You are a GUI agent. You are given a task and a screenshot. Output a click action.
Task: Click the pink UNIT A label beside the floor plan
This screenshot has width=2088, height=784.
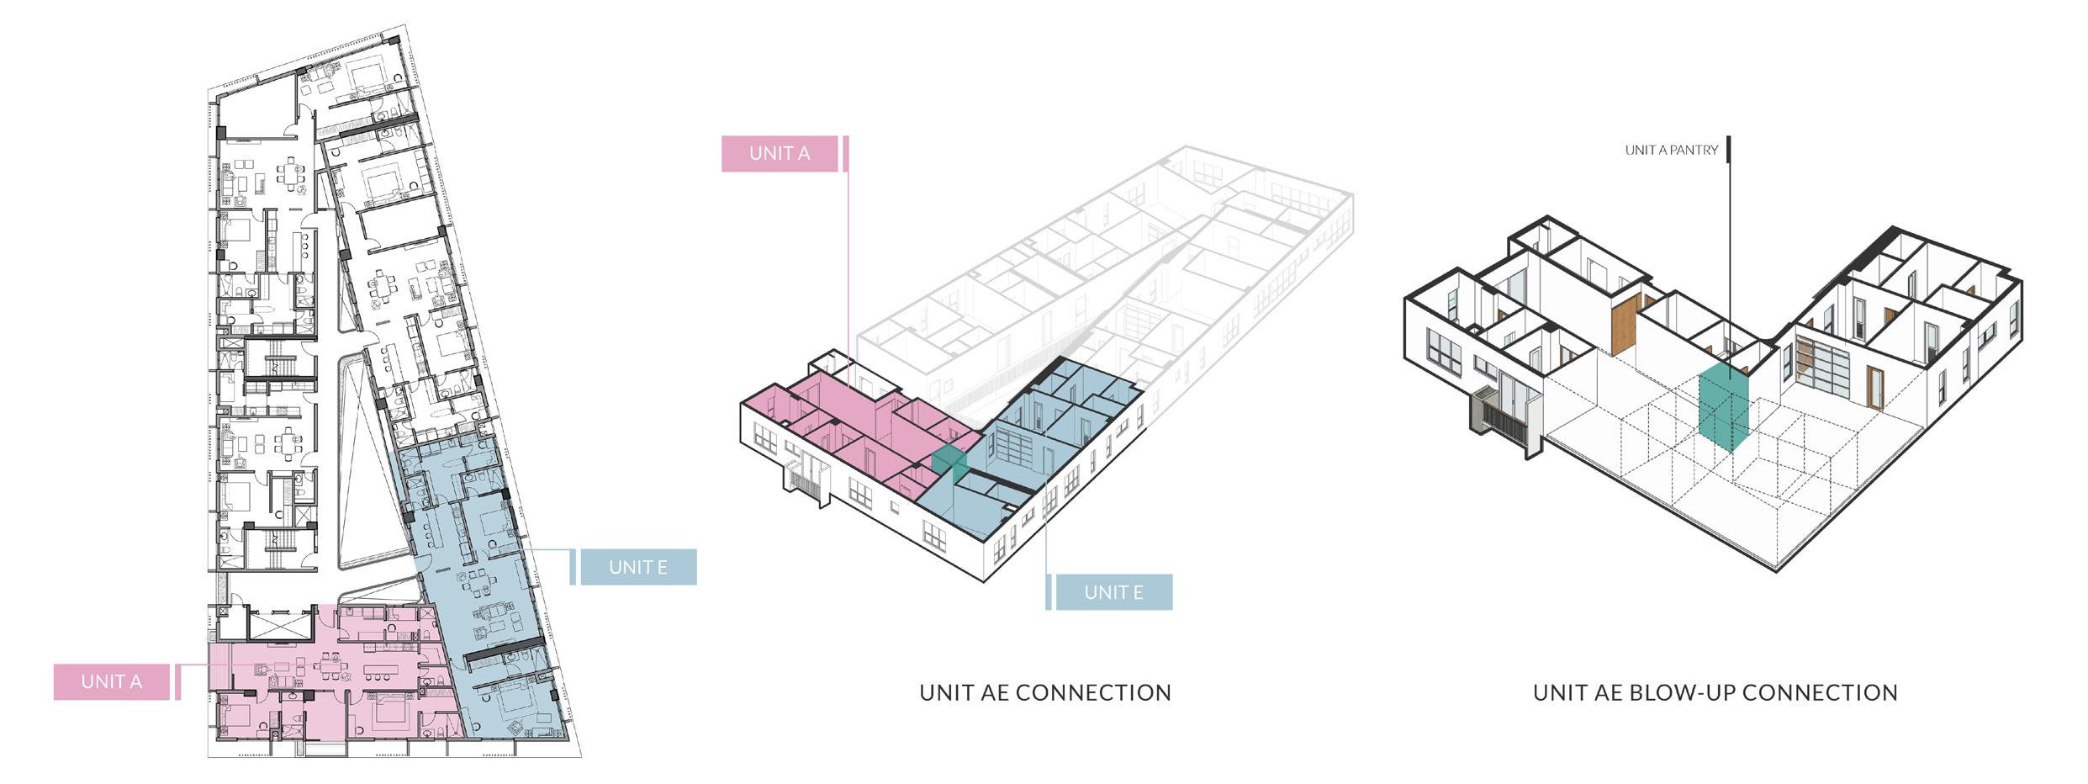click(x=111, y=681)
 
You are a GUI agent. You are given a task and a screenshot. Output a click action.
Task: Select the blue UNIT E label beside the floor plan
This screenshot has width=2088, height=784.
click(x=637, y=567)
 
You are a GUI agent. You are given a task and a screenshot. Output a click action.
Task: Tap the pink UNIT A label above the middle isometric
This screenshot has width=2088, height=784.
click(x=779, y=153)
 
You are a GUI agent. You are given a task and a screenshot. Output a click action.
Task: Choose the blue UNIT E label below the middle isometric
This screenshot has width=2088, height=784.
click(x=1113, y=592)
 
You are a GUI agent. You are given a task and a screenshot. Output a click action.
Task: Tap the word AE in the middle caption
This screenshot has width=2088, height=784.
click(x=995, y=693)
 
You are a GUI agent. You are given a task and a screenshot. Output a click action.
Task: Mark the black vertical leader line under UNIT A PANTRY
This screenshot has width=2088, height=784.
click(x=1727, y=252)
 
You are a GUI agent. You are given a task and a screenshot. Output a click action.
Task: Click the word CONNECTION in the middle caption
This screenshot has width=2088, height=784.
click(x=1093, y=693)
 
